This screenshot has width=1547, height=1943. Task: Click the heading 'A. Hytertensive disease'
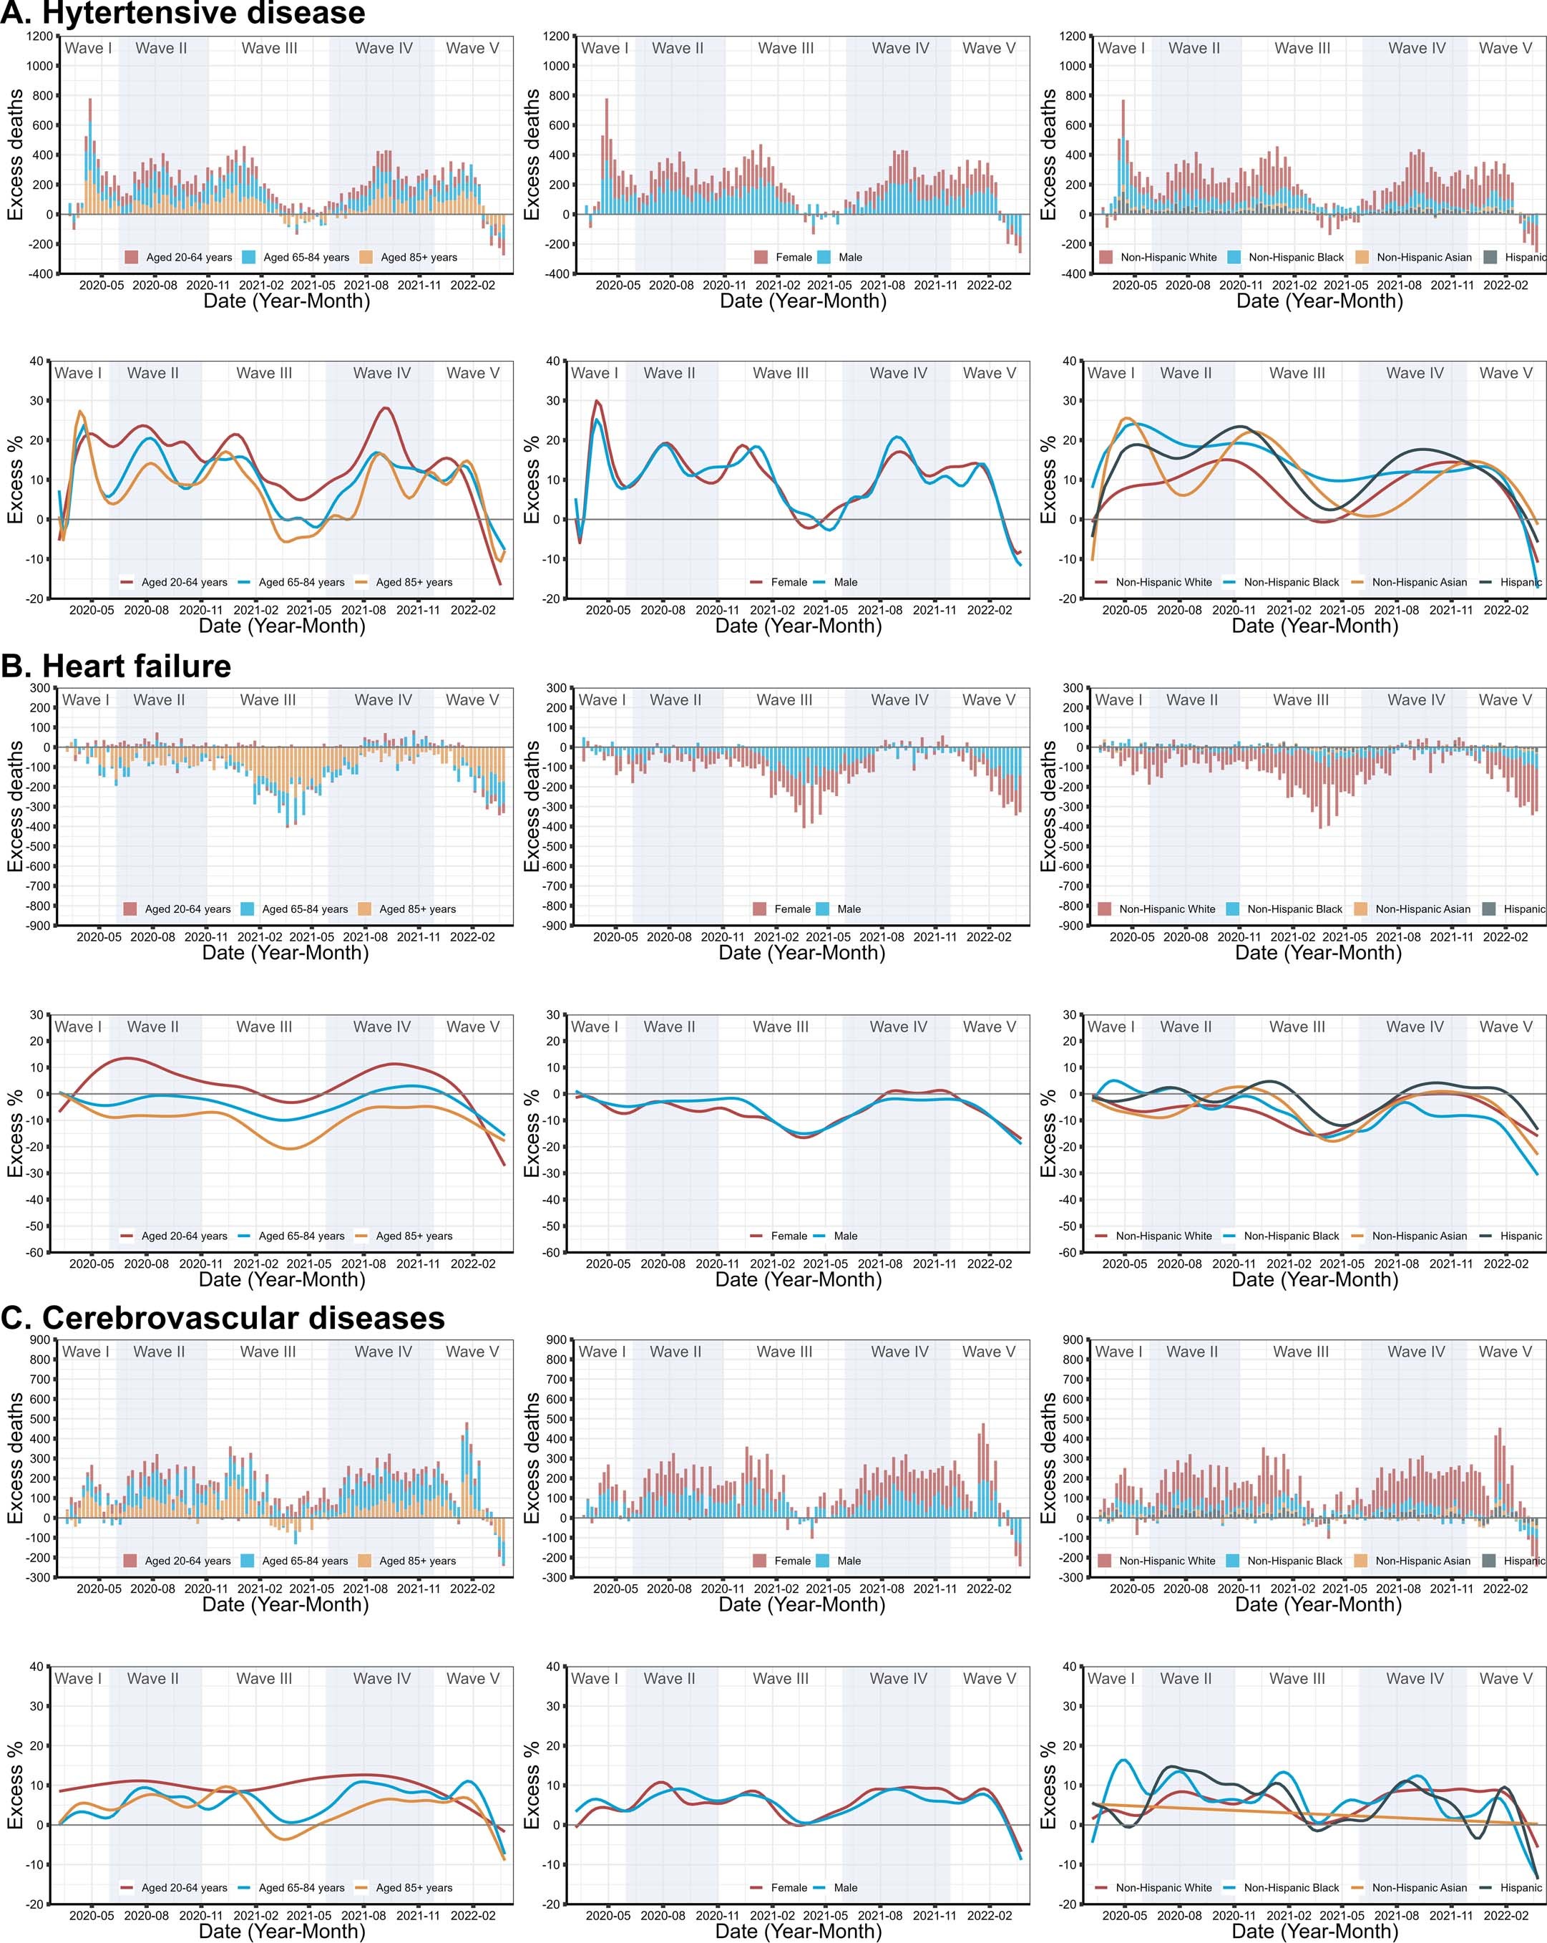(183, 14)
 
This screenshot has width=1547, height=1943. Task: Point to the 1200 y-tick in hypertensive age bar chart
(39, 36)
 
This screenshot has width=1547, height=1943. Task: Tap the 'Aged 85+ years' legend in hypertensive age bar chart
(418, 258)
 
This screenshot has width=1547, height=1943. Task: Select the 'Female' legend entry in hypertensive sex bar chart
(793, 258)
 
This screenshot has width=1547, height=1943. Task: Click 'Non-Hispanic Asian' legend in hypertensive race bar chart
(1422, 258)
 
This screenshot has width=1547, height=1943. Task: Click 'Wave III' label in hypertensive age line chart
(264, 373)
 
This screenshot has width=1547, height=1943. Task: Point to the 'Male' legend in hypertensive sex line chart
(845, 582)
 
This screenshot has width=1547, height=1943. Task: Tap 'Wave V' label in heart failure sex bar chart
(987, 700)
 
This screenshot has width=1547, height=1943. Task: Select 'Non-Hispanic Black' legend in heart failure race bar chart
(1294, 909)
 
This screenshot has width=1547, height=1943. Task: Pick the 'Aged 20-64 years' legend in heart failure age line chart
(184, 1236)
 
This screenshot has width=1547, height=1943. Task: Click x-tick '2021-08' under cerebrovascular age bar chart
(366, 1589)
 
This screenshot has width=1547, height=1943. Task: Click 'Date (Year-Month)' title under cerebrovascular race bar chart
(1317, 1605)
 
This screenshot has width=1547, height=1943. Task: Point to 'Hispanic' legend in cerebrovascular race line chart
(1520, 1888)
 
